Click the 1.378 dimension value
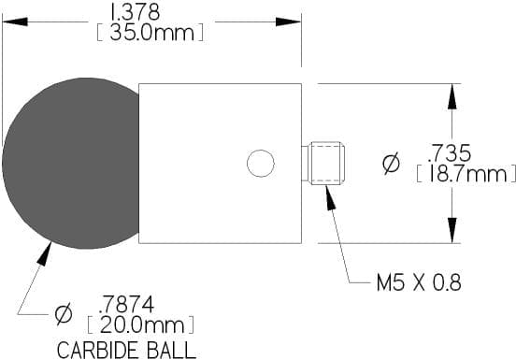tap(135, 12)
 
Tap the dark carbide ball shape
tap(71, 164)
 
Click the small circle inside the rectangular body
tap(261, 164)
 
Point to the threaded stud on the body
tap(323, 164)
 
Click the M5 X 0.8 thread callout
tap(419, 282)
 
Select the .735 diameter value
tap(450, 152)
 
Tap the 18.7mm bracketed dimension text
tap(466, 174)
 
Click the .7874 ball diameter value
tap(126, 305)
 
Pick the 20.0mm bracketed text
tap(141, 325)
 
